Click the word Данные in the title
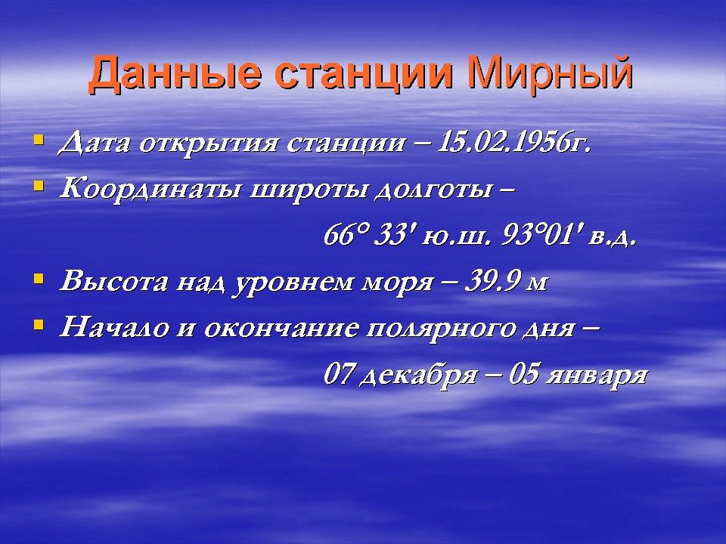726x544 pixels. pos(174,74)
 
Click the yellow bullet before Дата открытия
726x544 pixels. pos(39,139)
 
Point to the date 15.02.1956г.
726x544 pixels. pos(514,143)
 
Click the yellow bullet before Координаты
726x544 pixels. pos(39,186)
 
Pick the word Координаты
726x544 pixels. pos(150,190)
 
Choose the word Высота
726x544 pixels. pos(113,281)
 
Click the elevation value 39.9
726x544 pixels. pos(490,282)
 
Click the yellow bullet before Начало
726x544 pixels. pos(39,325)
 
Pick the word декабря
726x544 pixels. pos(418,375)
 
